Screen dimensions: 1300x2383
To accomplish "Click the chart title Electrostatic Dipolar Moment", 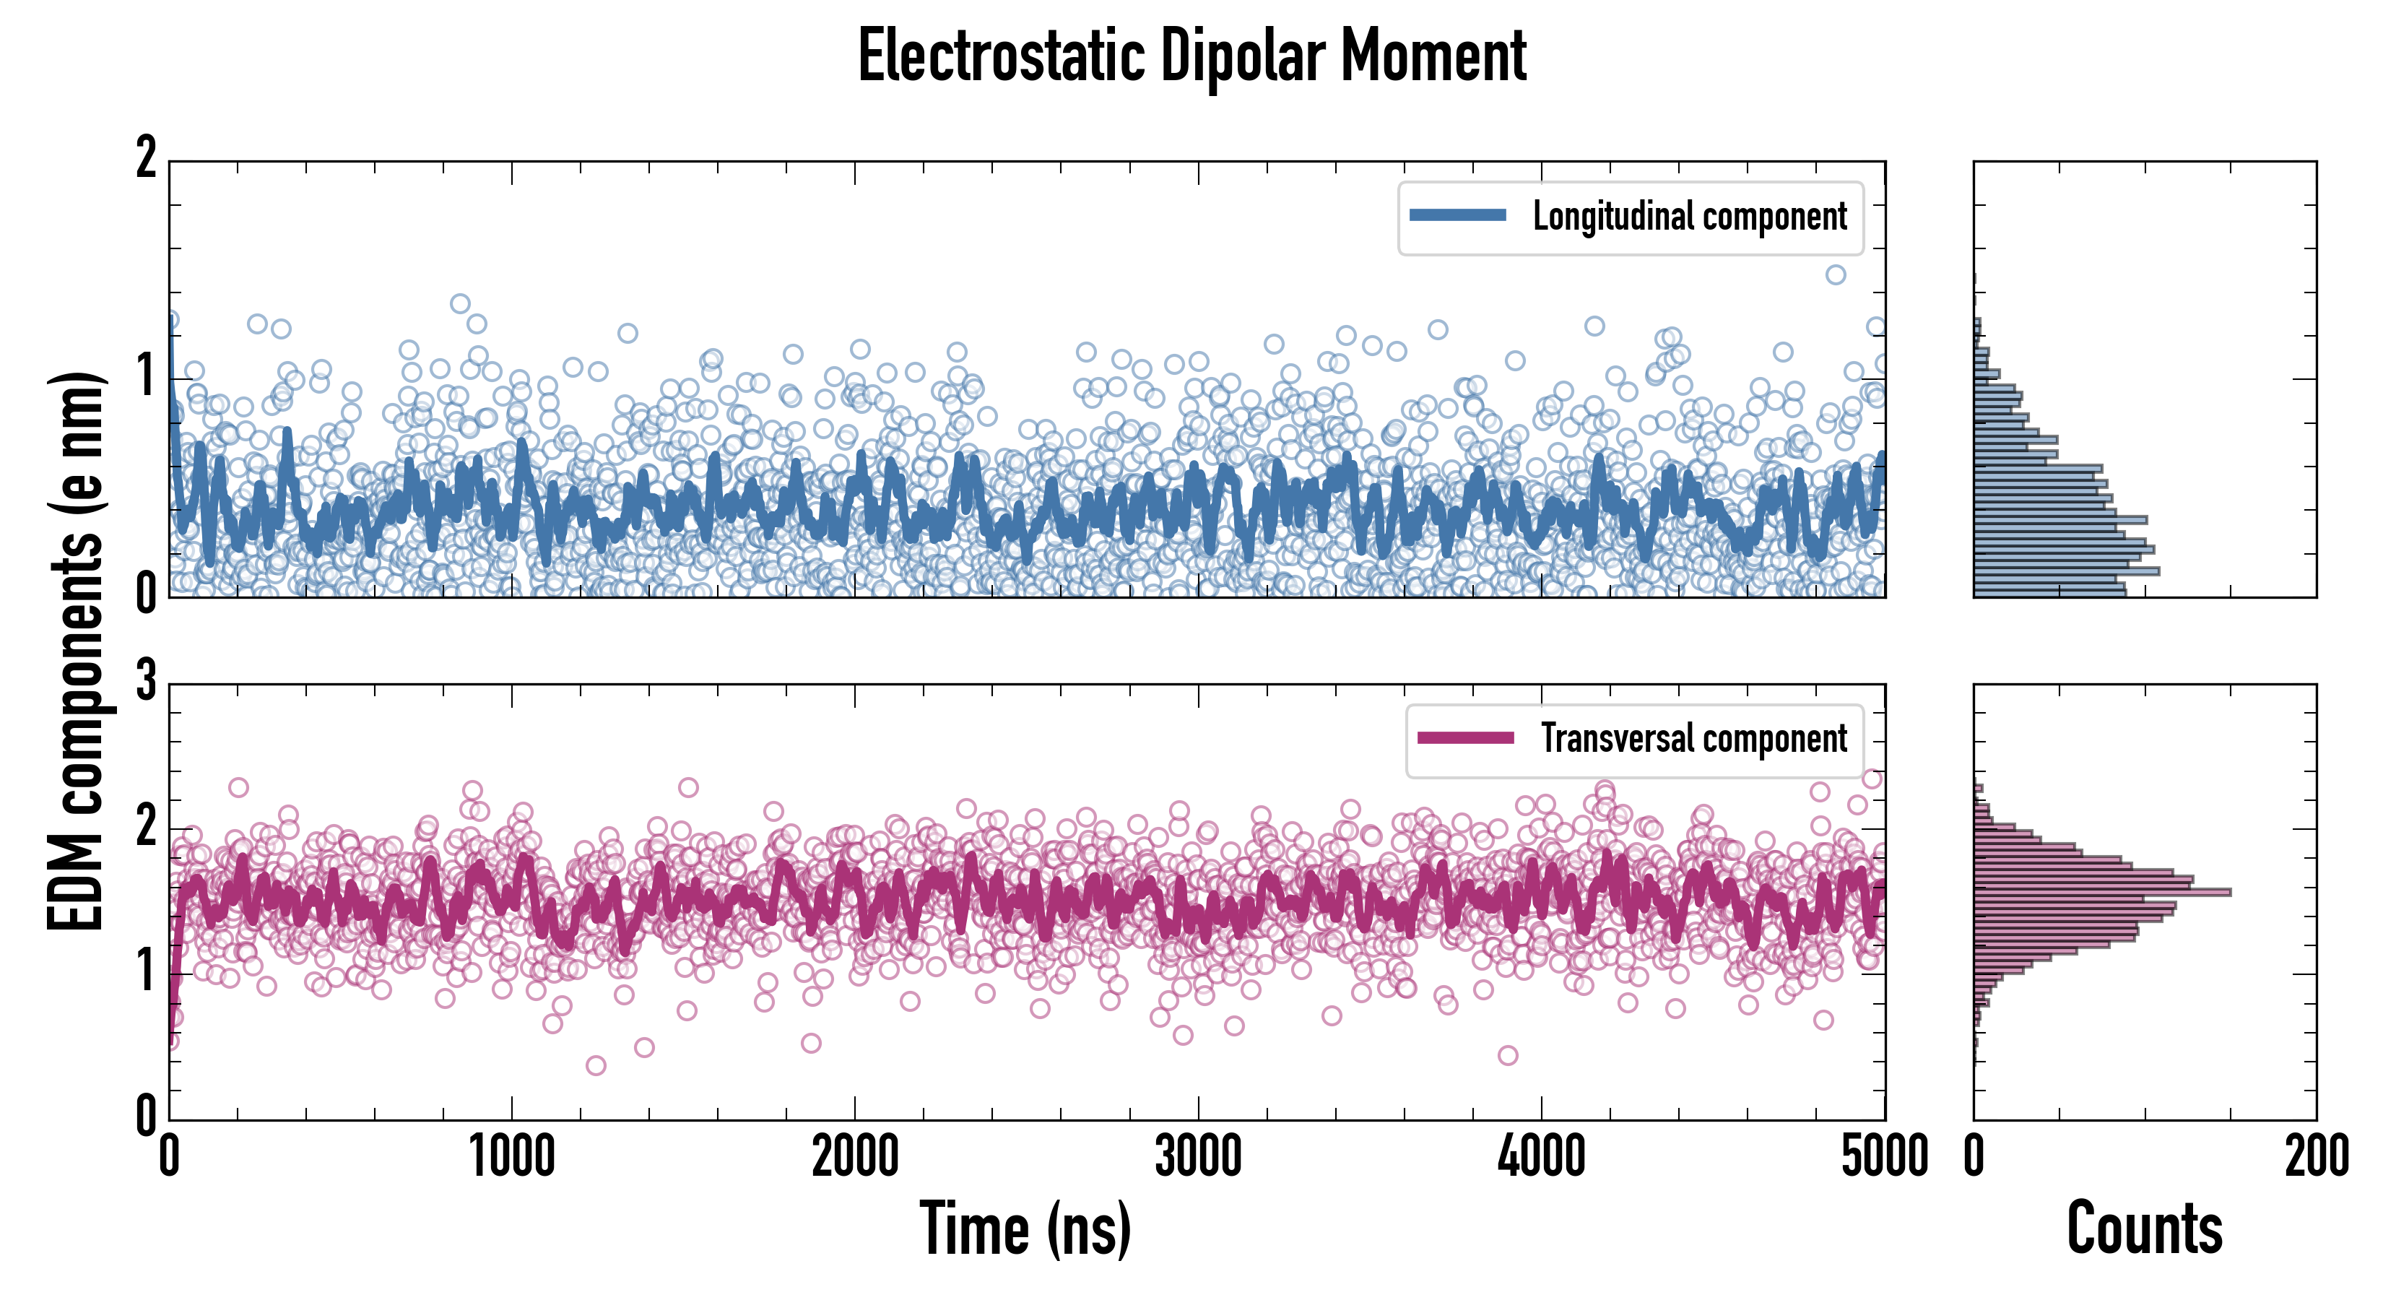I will tap(1191, 56).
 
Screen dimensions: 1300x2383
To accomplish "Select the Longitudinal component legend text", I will tap(1689, 217).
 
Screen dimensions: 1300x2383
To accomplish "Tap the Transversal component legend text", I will tap(1693, 738).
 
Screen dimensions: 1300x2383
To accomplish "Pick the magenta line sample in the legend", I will tap(1465, 737).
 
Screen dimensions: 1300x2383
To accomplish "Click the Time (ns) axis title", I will tap(1025, 1228).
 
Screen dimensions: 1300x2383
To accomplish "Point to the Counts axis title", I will tap(2144, 1228).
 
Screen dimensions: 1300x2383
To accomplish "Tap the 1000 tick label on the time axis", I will tap(511, 1156).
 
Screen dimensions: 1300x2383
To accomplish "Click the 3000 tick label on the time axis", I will tap(1198, 1156).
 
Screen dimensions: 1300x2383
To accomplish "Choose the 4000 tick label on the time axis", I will tap(1541, 1156).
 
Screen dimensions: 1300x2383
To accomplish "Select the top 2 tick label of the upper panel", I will tap(146, 158).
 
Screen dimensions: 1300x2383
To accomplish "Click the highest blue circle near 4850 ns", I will tap(1836, 274).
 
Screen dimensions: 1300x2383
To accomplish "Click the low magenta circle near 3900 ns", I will tap(1508, 1054).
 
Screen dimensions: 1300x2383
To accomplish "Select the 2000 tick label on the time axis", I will tap(855, 1156).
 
